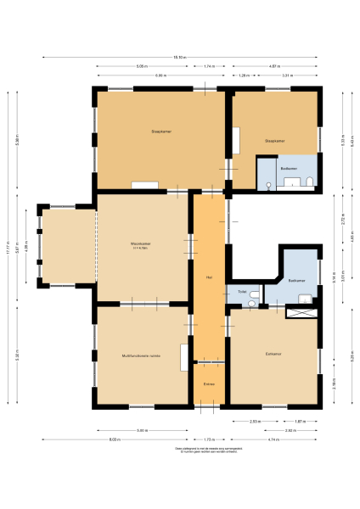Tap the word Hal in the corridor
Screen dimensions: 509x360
pos(208,277)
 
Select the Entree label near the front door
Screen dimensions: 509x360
pos(208,384)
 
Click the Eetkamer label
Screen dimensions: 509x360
pos(273,354)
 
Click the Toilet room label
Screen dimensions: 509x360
pos(242,292)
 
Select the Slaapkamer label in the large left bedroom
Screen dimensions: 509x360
pos(161,131)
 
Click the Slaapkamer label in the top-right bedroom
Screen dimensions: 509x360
pos(273,141)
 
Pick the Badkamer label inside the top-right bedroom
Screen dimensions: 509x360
pos(289,168)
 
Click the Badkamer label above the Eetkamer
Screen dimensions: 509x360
pos(296,280)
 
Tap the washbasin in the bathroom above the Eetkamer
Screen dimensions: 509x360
pos(303,297)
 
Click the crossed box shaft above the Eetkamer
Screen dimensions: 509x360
pos(304,312)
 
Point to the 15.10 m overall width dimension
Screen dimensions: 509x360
pos(179,57)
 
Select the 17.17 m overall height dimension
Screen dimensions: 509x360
pos(8,248)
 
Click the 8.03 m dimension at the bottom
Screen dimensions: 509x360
pos(114,439)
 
